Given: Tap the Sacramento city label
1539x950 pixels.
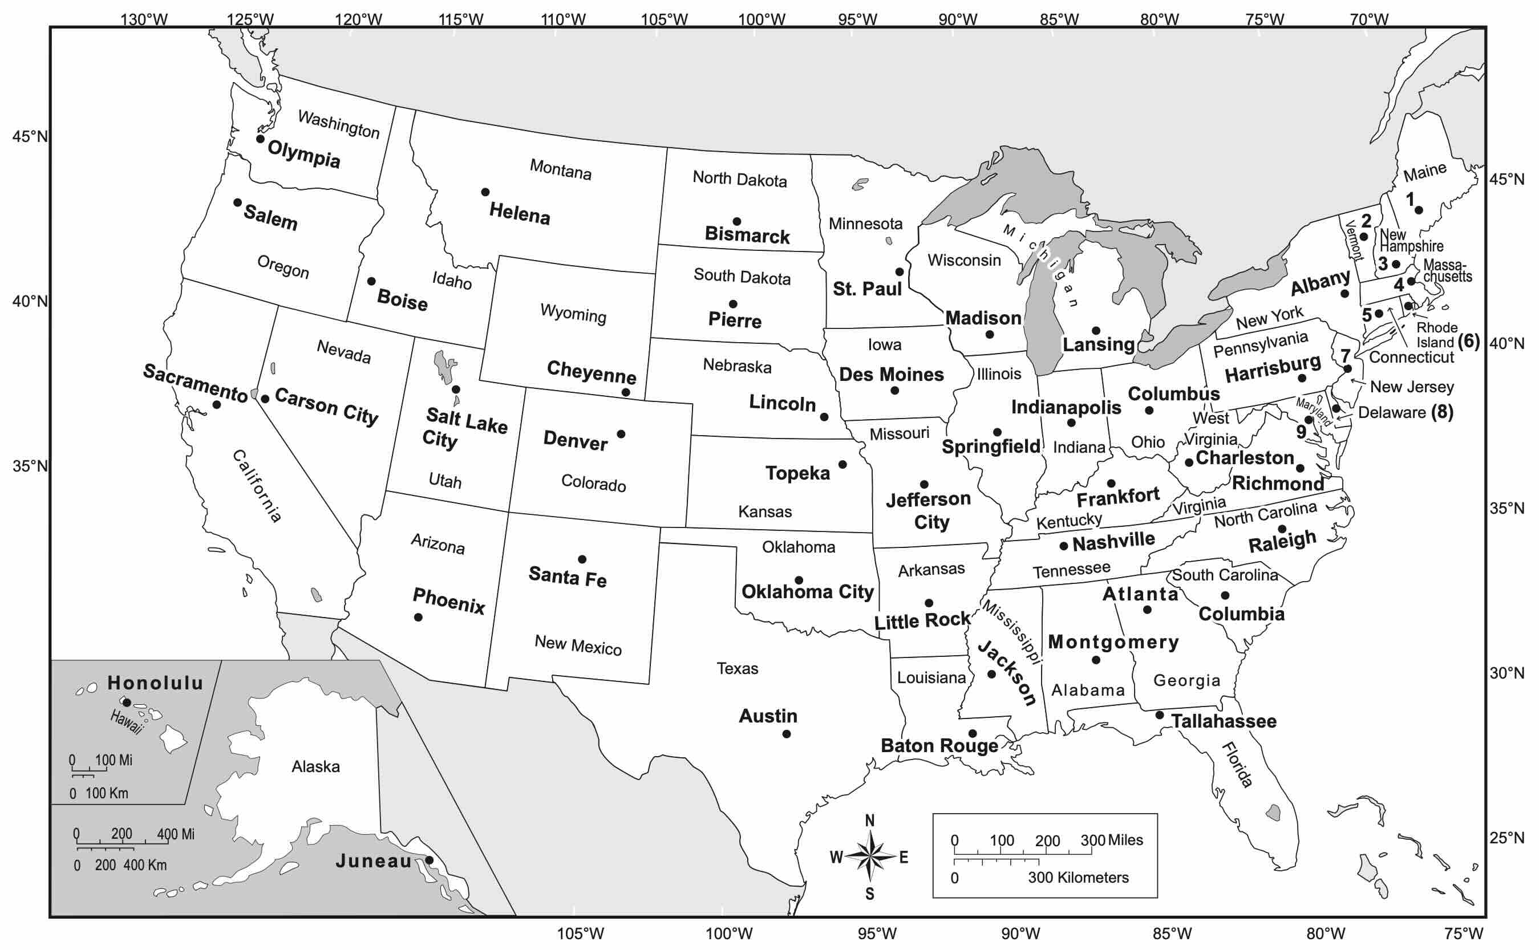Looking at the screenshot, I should point(196,383).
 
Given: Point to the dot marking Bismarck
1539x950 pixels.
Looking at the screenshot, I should point(736,221).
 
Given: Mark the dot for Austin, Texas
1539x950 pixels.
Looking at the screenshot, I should point(786,734).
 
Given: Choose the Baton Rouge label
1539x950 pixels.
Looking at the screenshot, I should point(939,746).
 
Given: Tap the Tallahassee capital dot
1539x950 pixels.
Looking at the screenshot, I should point(1160,715).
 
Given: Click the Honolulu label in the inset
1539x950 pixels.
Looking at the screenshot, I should point(155,683).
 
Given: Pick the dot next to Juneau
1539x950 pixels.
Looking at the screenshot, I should point(429,860).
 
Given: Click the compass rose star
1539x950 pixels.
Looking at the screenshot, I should point(870,856).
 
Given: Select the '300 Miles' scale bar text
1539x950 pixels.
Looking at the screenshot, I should point(1111,840).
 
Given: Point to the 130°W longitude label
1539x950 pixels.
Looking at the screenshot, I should point(144,19).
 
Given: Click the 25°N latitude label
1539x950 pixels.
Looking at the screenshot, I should point(1506,838).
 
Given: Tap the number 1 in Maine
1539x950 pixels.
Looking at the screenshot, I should point(1410,199).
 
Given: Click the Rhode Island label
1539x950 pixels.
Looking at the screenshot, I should point(1436,335).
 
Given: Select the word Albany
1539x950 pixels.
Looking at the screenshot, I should point(1320,283).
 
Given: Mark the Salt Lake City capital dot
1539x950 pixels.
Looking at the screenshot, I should point(456,389).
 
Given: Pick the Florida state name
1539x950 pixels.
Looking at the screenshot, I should point(1237,765).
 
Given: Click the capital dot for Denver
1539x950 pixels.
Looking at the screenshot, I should point(621,434).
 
